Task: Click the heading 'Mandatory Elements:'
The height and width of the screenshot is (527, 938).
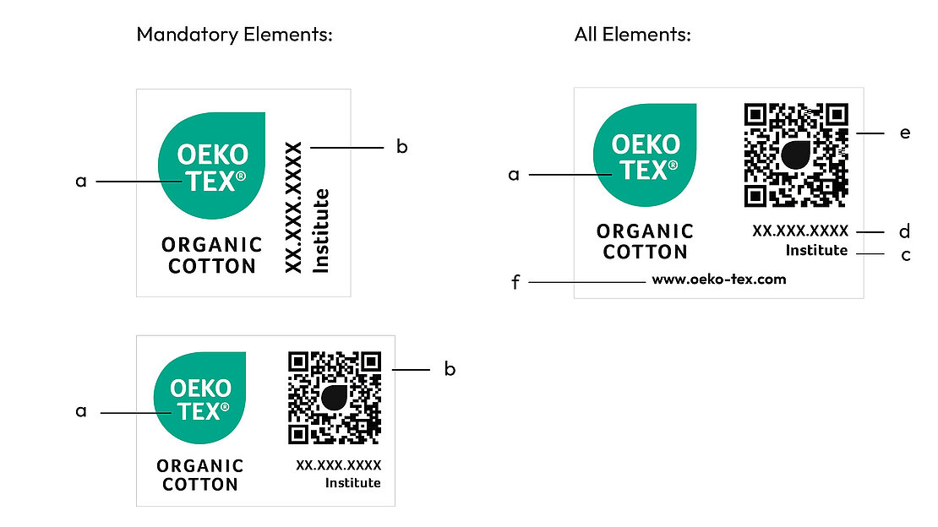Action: click(x=234, y=35)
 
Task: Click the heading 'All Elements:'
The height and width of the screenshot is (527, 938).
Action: click(x=633, y=35)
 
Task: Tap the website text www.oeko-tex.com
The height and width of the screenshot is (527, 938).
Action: click(x=719, y=280)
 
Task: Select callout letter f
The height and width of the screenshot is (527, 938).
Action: click(x=515, y=281)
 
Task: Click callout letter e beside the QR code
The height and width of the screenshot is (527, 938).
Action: click(x=905, y=133)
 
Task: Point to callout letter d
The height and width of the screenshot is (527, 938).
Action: click(x=905, y=231)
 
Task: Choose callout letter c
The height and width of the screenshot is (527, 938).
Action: click(x=905, y=254)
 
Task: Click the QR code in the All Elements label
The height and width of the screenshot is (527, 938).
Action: click(x=795, y=155)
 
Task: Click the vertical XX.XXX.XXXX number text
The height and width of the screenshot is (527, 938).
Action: click(x=293, y=207)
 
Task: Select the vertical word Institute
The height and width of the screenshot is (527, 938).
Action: click(x=321, y=231)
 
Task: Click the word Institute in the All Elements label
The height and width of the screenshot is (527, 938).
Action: click(x=816, y=251)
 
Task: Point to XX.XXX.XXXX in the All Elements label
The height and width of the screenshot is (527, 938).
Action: click(x=800, y=231)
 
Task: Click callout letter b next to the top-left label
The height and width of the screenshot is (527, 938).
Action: click(x=402, y=147)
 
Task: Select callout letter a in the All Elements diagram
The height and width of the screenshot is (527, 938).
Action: click(x=513, y=175)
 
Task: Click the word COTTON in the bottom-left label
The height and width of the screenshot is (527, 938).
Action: click(x=200, y=485)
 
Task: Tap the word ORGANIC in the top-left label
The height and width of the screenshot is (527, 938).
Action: click(x=212, y=245)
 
